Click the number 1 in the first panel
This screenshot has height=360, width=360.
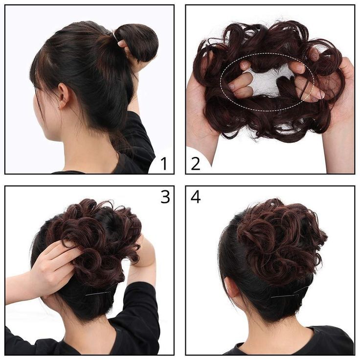coord(163,163)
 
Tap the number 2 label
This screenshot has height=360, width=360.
coord(196,163)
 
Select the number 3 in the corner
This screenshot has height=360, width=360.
coord(165,196)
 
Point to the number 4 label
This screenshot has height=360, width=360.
coord(196,196)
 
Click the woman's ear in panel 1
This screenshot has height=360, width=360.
coord(62,97)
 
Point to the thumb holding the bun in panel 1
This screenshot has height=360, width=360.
coord(122,46)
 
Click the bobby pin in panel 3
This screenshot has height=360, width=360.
coord(98,293)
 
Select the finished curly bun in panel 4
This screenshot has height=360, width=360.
coord(279,240)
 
